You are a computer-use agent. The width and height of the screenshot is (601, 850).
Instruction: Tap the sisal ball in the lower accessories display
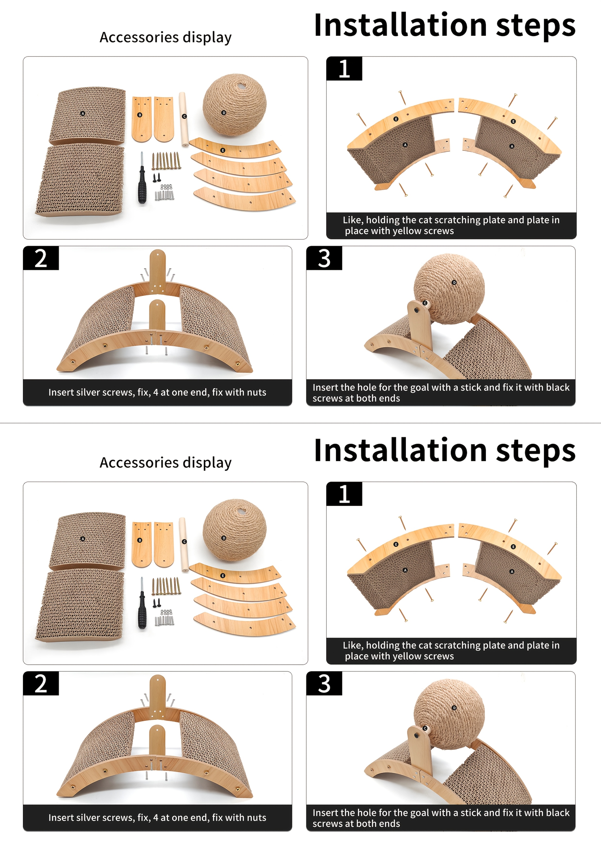point(234,529)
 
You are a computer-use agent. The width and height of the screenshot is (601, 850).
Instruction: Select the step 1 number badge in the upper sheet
point(344,69)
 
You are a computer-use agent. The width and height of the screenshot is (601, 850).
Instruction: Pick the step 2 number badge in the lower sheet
point(41,683)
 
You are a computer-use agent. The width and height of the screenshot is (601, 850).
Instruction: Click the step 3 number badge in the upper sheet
point(324,258)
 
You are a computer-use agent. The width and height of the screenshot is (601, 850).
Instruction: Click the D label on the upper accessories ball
point(224,112)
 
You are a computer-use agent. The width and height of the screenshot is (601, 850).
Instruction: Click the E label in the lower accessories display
point(222,576)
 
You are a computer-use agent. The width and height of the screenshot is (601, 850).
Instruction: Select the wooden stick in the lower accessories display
point(183,545)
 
